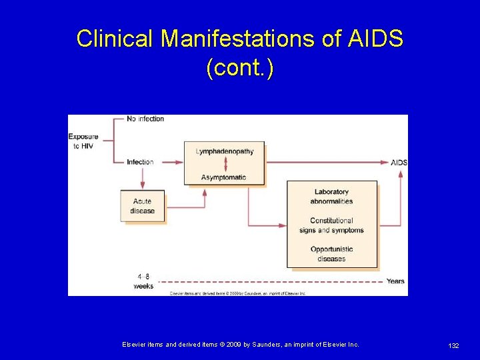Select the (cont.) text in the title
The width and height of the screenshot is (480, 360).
240,67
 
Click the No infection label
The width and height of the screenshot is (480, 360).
145,119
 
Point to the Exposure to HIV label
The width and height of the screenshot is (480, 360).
83,141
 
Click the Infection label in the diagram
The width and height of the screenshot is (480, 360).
140,162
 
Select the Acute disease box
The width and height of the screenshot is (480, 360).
142,206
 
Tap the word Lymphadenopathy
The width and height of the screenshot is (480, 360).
225,151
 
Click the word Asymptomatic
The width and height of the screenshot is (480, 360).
224,177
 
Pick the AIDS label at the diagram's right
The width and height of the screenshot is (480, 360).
399,163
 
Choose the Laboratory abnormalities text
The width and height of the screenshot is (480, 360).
331,197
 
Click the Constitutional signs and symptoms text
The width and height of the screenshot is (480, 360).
331,225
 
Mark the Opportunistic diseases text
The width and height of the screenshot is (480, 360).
331,254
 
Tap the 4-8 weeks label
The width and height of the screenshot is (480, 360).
143,281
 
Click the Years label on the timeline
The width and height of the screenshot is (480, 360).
395,281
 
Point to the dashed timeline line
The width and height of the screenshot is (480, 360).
267,281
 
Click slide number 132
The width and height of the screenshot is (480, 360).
453,345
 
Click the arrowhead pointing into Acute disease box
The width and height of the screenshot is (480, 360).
142,187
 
